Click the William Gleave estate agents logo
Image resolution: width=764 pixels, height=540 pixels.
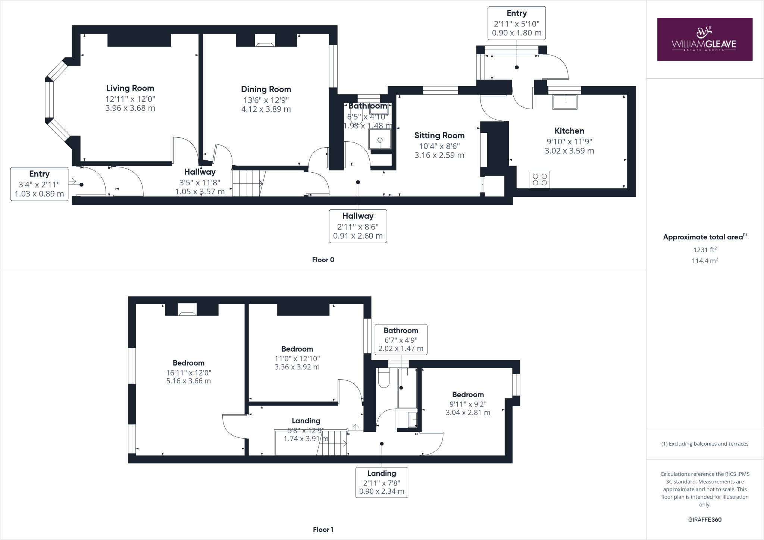point(704,39)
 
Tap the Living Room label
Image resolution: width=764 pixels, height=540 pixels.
point(130,88)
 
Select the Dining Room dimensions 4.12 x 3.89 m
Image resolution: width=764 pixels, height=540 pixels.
point(266,109)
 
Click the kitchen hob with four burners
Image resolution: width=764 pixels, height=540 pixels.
point(539,179)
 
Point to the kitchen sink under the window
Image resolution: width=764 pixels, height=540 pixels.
point(565,101)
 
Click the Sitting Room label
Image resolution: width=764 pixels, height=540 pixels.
point(439,135)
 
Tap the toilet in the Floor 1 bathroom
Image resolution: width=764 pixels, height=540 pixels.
point(383,378)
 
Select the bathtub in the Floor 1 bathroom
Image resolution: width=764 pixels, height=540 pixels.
point(407,388)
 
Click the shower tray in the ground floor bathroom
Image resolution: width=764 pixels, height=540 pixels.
point(380,139)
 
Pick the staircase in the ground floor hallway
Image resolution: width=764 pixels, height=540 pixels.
point(248,183)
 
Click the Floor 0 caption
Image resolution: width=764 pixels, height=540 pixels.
point(323,260)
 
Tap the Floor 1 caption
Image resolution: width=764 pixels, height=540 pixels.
point(323,530)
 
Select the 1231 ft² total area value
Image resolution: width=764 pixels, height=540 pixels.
point(705,250)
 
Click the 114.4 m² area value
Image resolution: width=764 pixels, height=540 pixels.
point(705,261)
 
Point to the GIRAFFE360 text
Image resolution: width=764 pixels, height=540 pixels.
point(705,519)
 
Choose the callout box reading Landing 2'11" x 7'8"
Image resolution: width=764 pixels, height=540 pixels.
point(382,482)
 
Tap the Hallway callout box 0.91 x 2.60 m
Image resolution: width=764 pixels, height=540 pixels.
point(358,226)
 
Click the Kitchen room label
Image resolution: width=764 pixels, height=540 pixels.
point(569,131)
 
